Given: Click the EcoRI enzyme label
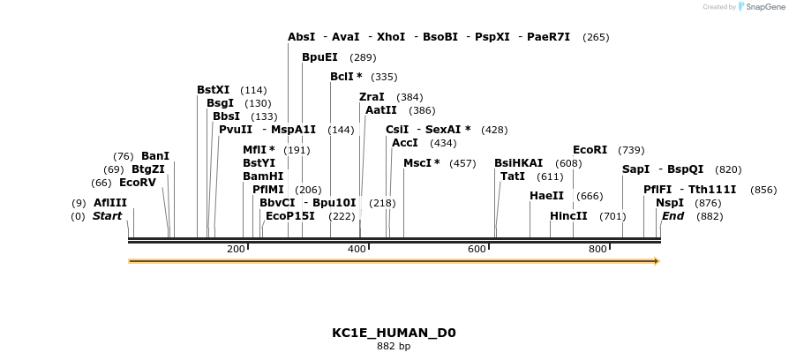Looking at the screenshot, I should click(590, 150).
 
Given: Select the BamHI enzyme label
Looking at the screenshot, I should click(263, 176).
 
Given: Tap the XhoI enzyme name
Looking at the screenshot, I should click(391, 37).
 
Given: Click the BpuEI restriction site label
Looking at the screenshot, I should click(319, 57).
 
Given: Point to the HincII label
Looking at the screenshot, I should click(568, 216).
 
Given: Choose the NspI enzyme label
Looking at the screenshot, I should click(670, 203).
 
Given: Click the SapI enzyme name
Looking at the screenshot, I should click(635, 169).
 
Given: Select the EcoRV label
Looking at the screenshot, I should click(137, 183).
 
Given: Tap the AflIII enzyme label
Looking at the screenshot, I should click(110, 203).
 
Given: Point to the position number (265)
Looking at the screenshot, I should click(596, 37).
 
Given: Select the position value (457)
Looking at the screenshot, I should click(462, 163).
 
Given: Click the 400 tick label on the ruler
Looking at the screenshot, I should click(357, 249).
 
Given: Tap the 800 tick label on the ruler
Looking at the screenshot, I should click(597, 249).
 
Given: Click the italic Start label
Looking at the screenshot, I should click(107, 216).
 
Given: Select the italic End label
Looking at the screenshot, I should click(673, 216).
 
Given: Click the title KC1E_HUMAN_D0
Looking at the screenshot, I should click(394, 333).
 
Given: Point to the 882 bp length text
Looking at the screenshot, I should click(394, 347).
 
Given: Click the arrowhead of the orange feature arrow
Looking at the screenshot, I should click(656, 261).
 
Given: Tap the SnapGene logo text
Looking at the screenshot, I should click(763, 7).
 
